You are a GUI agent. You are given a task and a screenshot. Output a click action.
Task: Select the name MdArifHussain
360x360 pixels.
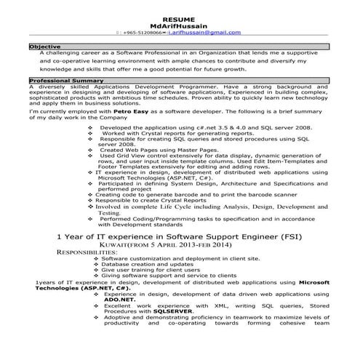180,24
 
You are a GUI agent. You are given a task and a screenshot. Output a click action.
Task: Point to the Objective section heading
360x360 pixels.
45,47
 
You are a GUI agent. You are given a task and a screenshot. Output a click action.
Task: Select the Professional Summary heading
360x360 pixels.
68,80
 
